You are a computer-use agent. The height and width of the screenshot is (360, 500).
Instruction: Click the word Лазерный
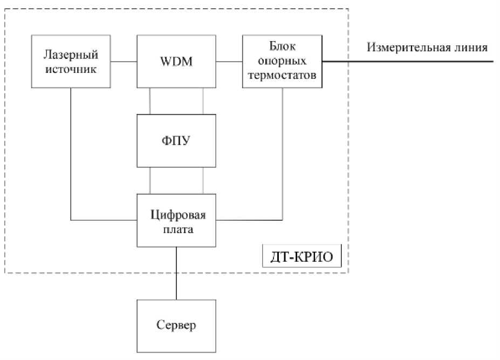pos(71,55)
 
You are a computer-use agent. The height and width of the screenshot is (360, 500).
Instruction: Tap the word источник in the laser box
pos(71,68)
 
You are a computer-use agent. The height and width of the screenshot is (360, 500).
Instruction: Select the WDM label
pos(176,62)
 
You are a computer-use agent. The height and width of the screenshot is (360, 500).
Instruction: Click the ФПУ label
pos(176,141)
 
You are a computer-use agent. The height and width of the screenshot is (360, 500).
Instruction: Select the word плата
pos(176,228)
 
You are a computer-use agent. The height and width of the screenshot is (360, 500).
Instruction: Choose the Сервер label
pos(176,325)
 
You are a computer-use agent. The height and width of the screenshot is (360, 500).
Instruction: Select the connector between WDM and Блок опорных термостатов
pos(229,62)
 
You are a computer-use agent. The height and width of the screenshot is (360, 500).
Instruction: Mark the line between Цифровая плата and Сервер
pos(176,273)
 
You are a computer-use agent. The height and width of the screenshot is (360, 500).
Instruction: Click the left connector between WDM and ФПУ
pos(150,101)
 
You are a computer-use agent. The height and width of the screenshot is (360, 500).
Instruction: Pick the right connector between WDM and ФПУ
pos(203,101)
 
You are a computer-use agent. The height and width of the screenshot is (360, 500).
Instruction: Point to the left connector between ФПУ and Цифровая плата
pos(150,180)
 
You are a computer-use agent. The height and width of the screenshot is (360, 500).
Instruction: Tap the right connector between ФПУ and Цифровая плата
pos(203,180)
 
